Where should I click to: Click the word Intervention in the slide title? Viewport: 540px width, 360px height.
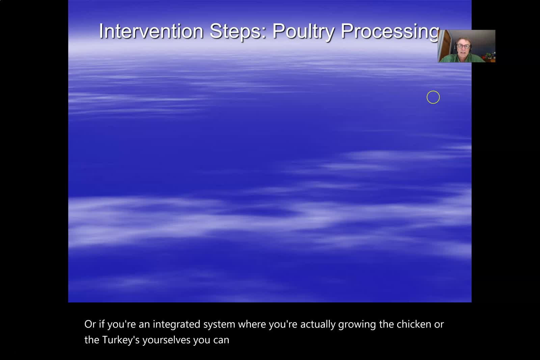pyautogui.click(x=151, y=31)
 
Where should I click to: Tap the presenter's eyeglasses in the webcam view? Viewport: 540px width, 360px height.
pyautogui.click(x=463, y=46)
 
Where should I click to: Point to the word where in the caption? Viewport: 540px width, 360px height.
pyautogui.click(x=252, y=324)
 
